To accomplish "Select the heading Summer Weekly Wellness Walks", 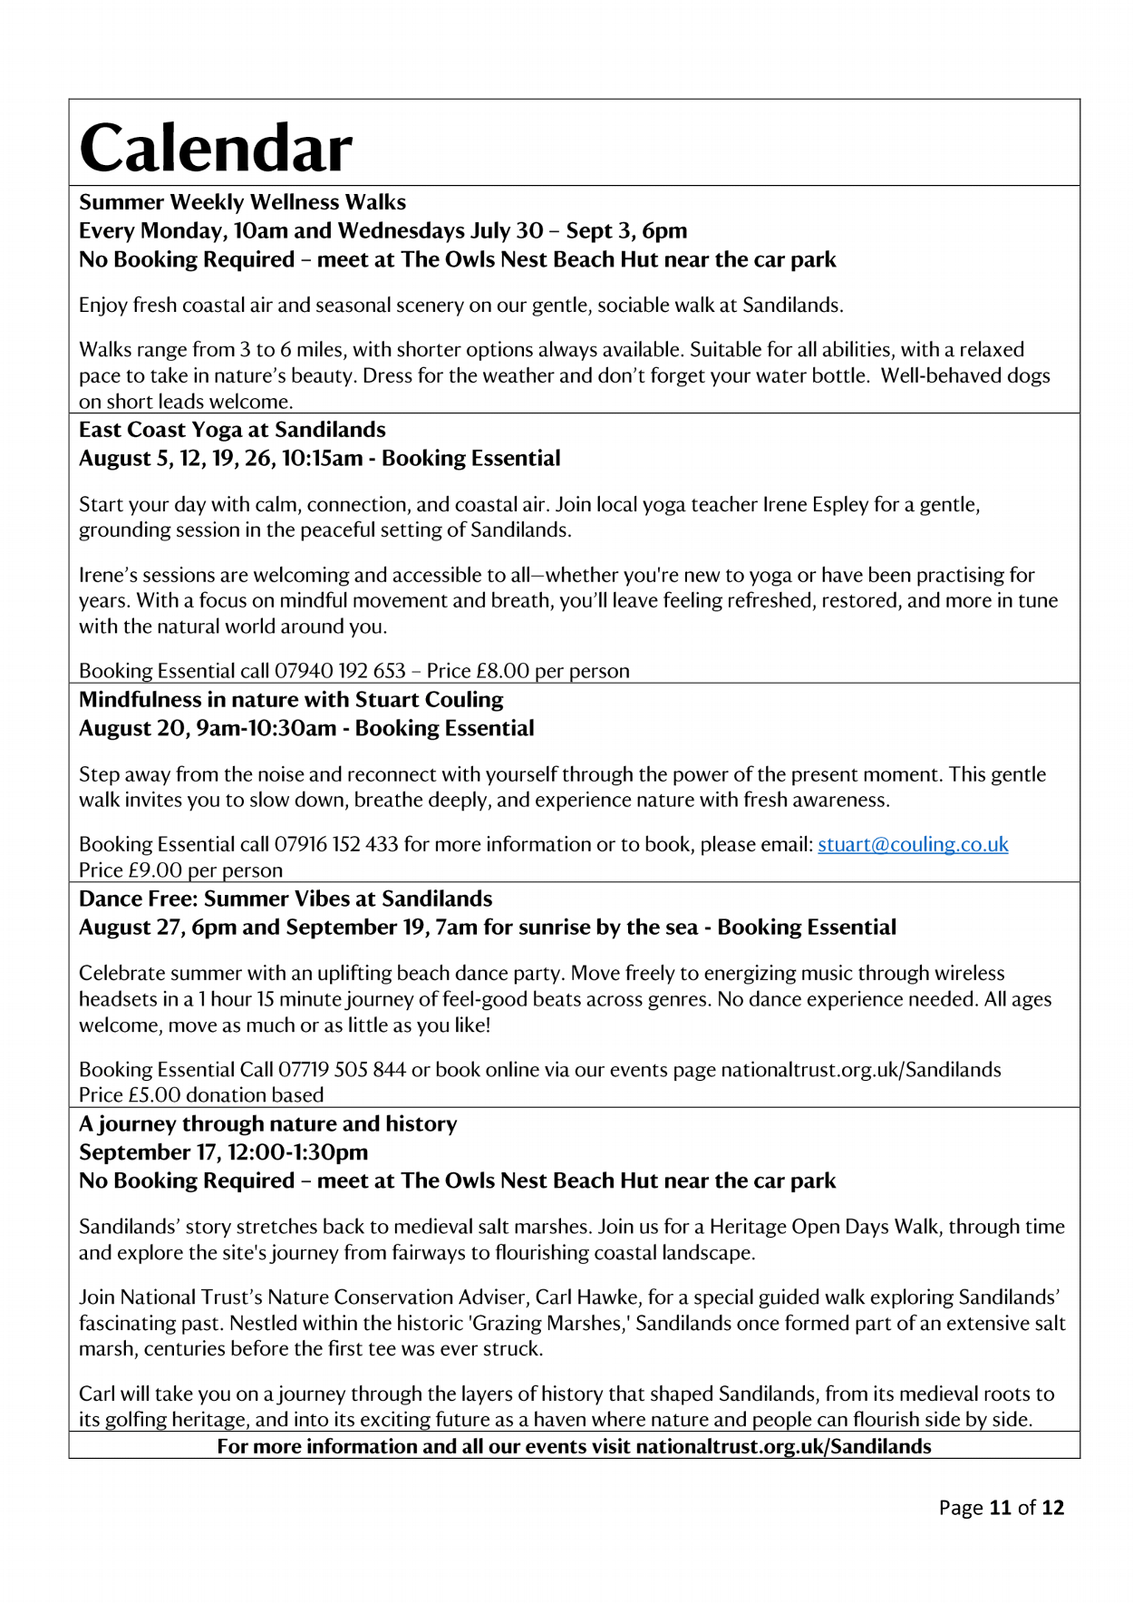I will (x=242, y=202).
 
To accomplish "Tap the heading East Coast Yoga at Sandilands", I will (x=232, y=430).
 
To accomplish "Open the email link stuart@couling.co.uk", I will (x=913, y=844).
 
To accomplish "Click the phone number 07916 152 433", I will (x=336, y=844).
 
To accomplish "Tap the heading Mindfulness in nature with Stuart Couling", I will (x=291, y=700).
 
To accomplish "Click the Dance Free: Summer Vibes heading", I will (x=286, y=899).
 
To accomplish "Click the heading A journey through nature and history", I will (x=267, y=1124).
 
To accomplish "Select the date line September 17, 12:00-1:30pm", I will (x=223, y=1152).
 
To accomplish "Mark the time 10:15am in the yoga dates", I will (x=322, y=458).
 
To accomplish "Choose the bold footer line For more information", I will (x=574, y=1446).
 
